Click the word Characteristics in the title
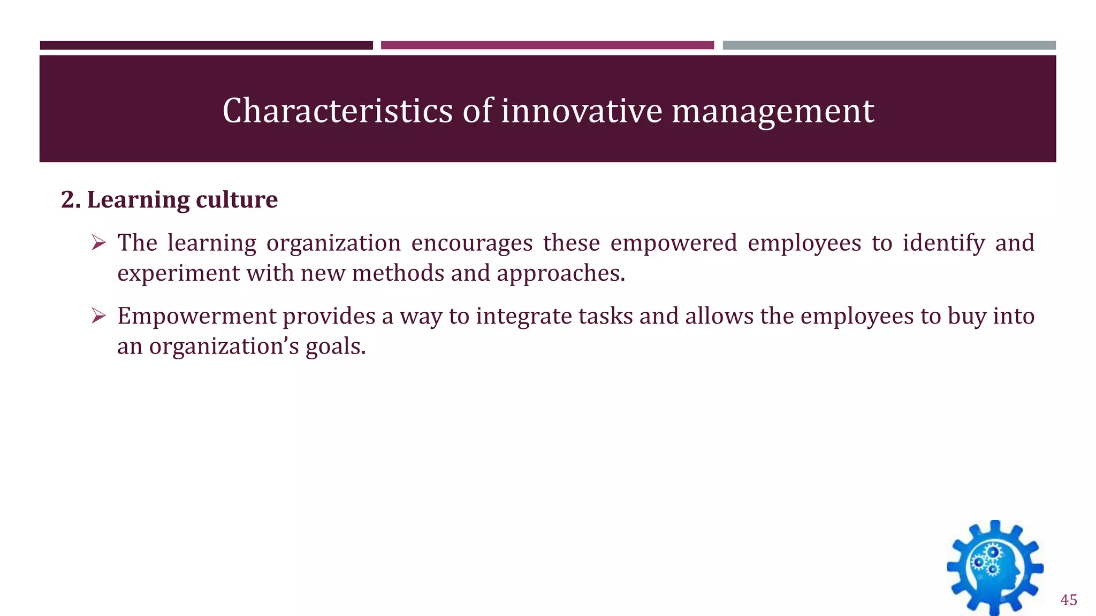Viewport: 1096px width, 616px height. pos(338,111)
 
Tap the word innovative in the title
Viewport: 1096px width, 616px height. pos(581,111)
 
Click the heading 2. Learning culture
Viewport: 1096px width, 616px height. pos(169,199)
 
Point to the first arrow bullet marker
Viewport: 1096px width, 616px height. pos(98,243)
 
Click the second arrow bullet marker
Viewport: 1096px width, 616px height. pos(98,316)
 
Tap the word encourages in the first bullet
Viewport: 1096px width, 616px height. pos(471,244)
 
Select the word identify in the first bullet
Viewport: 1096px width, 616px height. pos(943,244)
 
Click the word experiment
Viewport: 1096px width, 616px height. pos(179,274)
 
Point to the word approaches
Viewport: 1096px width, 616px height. pos(560,274)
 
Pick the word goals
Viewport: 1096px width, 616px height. pos(336,346)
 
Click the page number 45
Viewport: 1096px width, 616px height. pos(1068,600)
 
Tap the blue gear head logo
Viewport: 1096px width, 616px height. pos(995,567)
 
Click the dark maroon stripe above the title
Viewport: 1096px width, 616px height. pos(206,45)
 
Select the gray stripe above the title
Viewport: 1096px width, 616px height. pos(889,45)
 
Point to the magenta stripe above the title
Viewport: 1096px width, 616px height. pos(547,45)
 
